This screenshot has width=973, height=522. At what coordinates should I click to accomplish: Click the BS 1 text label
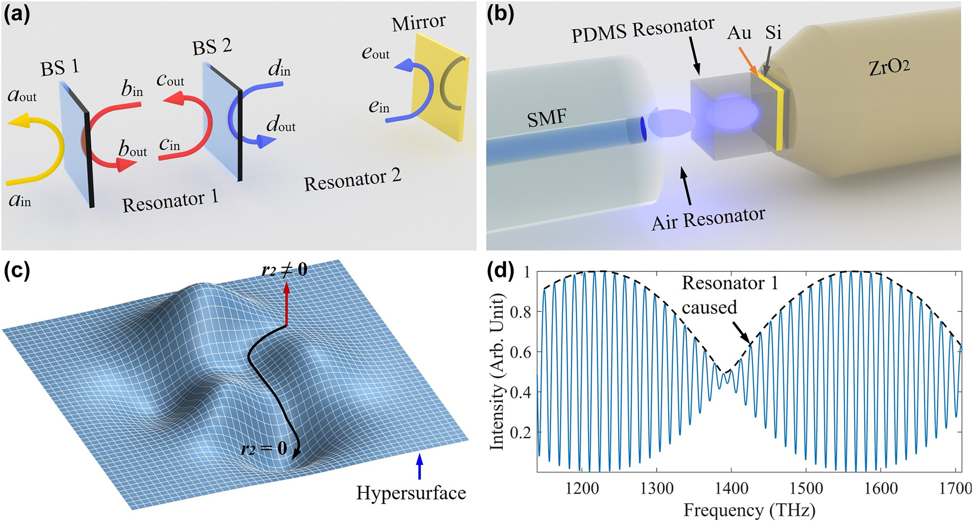[60, 68]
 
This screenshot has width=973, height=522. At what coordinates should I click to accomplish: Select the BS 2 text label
[212, 47]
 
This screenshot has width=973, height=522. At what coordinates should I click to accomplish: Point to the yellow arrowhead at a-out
[14, 122]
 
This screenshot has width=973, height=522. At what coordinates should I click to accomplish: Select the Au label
[739, 34]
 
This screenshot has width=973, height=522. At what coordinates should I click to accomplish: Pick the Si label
[773, 33]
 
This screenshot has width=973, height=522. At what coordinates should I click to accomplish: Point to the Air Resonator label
[708, 218]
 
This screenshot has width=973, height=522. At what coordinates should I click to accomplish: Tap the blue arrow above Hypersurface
[420, 467]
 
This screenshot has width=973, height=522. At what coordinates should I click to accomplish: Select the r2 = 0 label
[263, 448]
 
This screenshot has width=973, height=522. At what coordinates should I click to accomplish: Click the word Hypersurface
[411, 493]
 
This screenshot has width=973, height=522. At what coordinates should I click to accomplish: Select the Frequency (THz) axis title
[749, 510]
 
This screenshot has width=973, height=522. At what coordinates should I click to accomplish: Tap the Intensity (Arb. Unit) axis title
[497, 372]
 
